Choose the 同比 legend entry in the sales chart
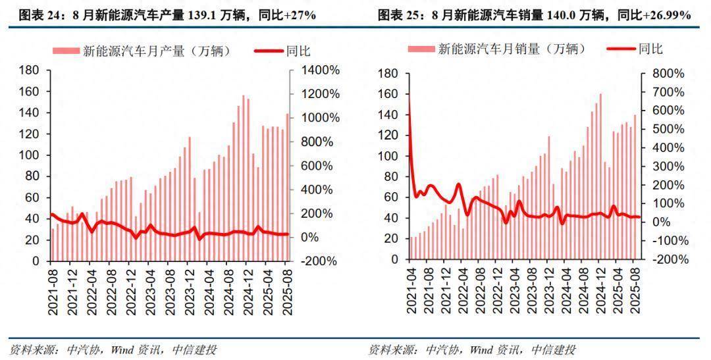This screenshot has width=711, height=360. click(651, 49)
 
